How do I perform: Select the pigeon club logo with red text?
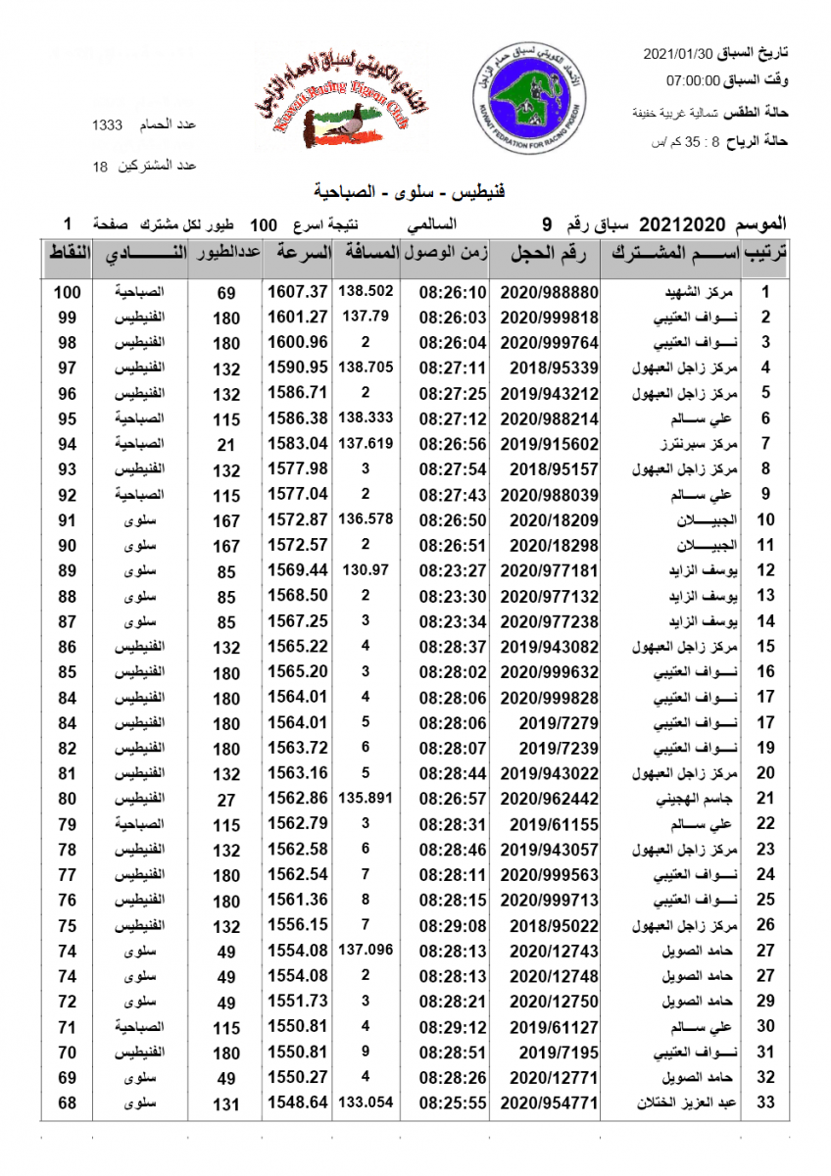331,101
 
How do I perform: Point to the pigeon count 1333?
107,125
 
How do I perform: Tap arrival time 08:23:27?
453,570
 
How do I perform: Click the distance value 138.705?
366,367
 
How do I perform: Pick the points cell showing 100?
67,292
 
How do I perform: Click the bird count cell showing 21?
226,444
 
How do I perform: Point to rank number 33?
766,1103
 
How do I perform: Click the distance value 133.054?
366,1102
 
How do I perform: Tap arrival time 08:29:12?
453,1027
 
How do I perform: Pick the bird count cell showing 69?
226,292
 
